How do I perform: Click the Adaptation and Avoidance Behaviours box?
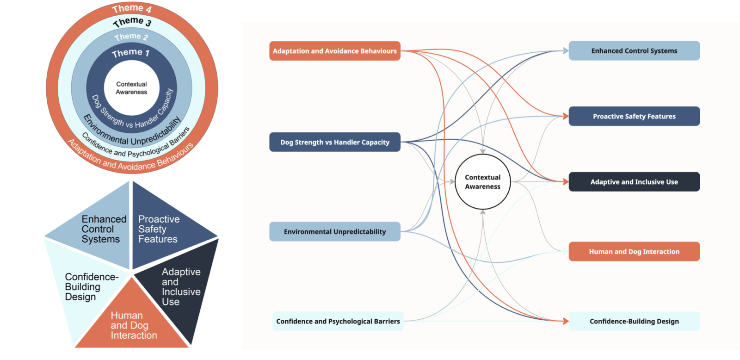tap(334, 51)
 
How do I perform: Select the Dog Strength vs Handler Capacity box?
tap(334, 142)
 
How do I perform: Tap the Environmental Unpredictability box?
tap(334, 231)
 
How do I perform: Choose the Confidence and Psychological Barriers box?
tap(338, 321)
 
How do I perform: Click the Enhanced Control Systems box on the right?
tap(634, 51)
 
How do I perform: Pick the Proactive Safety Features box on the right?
tap(634, 116)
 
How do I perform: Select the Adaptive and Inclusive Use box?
tap(634, 182)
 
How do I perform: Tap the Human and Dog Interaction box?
tap(634, 252)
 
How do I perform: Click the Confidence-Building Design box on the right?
tap(634, 321)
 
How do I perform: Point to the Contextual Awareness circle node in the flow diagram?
tap(482, 182)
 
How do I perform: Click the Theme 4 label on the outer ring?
tap(132, 8)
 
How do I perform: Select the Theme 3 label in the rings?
tap(132, 21)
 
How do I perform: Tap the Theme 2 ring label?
tap(131, 37)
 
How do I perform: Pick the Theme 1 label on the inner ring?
tap(130, 53)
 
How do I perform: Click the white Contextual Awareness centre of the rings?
tap(131, 88)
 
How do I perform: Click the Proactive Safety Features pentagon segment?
tap(160, 229)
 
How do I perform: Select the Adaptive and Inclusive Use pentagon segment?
tap(180, 287)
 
